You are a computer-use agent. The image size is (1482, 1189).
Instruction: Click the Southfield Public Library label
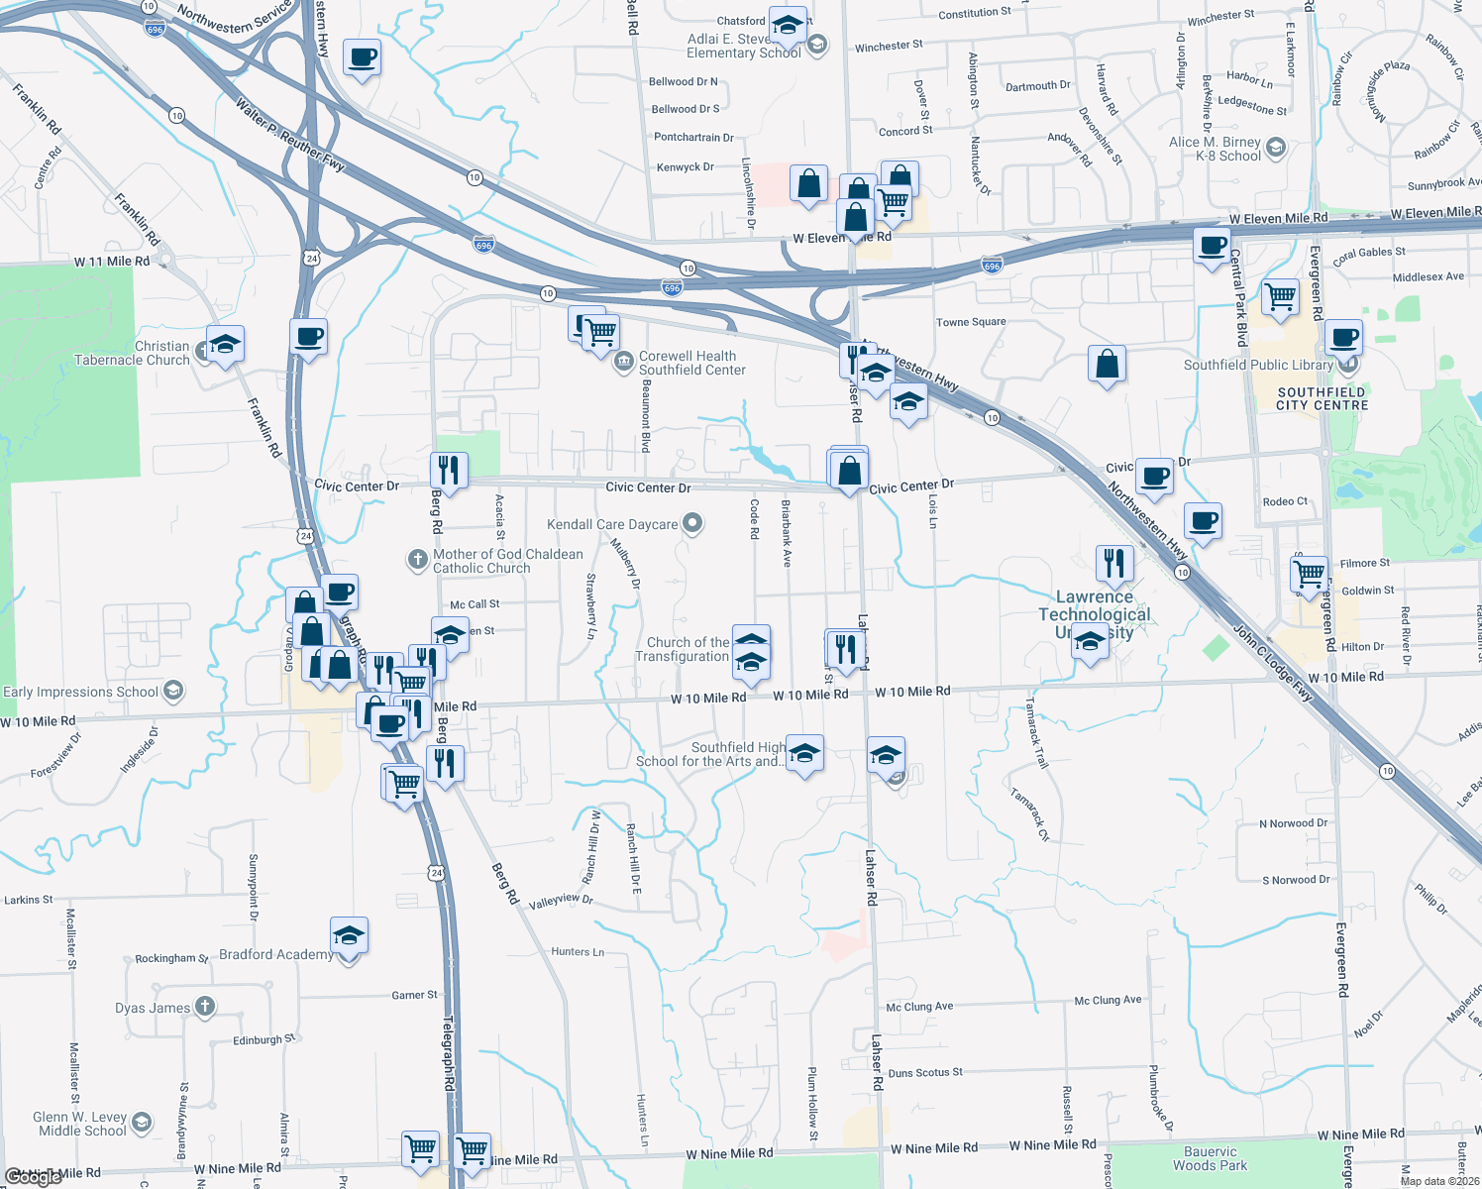[x=1258, y=365]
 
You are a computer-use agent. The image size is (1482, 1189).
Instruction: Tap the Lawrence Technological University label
[x=1094, y=613]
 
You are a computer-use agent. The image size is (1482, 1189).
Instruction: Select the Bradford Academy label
[x=275, y=954]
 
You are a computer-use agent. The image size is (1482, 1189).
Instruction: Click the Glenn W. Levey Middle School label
[x=79, y=1124]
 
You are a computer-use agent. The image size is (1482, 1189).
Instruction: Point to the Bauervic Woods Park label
[x=1210, y=1158]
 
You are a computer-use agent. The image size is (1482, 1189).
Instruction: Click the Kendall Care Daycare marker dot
[x=692, y=523]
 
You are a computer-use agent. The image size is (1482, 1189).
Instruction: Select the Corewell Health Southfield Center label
[x=691, y=363]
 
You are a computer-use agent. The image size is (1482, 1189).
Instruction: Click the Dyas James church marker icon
[x=204, y=1007]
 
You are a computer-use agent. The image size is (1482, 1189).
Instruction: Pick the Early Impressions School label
[x=81, y=692]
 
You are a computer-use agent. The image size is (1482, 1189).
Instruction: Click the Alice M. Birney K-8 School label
[x=1215, y=149]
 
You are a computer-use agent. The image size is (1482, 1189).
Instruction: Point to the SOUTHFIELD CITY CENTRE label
[x=1322, y=398]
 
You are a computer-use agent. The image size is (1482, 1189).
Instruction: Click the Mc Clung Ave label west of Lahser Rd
[x=919, y=1007]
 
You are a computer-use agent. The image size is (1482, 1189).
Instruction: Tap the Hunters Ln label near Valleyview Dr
[x=578, y=951]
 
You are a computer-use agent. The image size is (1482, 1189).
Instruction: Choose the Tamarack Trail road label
[x=1036, y=734]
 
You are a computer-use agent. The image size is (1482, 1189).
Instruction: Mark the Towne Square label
[x=971, y=322]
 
